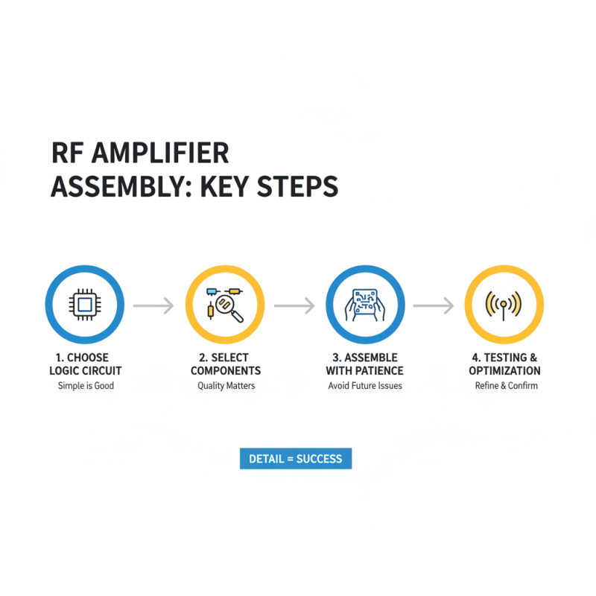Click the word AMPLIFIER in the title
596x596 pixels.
click(160, 153)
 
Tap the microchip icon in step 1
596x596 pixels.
click(85, 305)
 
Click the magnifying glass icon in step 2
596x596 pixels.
click(229, 308)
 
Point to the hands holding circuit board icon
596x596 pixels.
click(365, 305)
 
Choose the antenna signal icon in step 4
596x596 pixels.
click(504, 305)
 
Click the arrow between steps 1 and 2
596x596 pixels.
click(153, 305)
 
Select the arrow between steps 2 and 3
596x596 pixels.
click(294, 305)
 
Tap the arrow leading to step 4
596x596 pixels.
click(434, 305)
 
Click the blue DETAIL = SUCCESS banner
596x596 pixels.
click(296, 459)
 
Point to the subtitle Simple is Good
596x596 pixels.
click(86, 385)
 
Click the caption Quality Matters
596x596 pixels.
click(226, 385)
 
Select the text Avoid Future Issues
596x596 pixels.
click(365, 385)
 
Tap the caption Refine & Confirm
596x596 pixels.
click(507, 385)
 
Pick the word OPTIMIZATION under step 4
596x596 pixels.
click(505, 370)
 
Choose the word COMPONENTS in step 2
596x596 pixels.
click(226, 370)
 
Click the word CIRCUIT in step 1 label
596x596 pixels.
click(102, 370)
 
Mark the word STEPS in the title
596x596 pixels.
click(297, 187)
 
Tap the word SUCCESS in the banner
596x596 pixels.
click(320, 459)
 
